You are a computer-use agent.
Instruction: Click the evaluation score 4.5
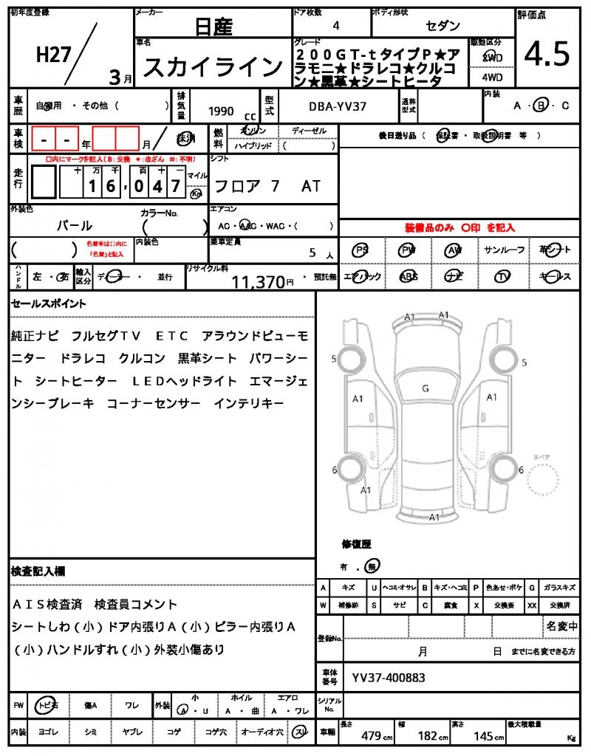tap(547, 54)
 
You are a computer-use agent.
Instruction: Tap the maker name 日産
tap(213, 27)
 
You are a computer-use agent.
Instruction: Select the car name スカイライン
tap(213, 67)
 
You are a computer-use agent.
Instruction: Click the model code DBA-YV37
tap(337, 108)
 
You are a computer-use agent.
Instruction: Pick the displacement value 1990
tap(221, 111)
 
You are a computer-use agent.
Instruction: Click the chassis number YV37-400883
tap(388, 677)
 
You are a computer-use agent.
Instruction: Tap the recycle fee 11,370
tap(259, 281)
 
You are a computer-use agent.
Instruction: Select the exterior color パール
tap(75, 225)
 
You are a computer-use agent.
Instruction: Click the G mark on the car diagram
tap(426, 388)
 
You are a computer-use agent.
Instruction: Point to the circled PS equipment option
tap(361, 250)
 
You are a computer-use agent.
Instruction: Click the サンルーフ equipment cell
tap(505, 250)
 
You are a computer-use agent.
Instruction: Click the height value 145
tap(484, 735)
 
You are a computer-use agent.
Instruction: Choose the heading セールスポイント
tap(49, 303)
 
